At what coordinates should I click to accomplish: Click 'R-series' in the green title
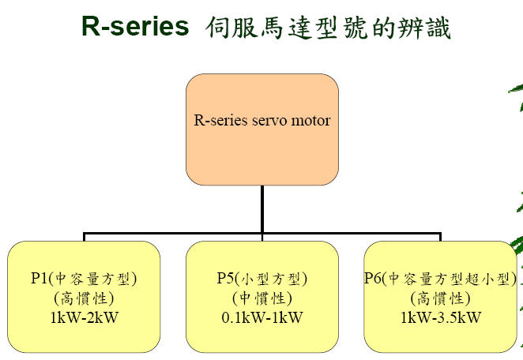135,26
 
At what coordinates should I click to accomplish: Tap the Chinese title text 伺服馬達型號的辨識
329,28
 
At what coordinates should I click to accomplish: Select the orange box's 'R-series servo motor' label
262,120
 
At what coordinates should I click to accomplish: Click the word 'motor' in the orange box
310,121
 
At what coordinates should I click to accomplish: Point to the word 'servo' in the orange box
269,121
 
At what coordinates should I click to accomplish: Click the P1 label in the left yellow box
40,278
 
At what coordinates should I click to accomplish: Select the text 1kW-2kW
85,317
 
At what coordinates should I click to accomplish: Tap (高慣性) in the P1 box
84,298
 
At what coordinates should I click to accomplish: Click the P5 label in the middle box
225,278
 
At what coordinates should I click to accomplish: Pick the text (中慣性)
262,298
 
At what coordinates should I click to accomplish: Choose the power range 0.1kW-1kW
262,317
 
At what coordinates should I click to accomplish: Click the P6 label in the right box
373,278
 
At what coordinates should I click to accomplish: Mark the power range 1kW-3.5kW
441,317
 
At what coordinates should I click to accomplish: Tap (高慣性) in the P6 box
441,298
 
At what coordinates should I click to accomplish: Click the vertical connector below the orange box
262,209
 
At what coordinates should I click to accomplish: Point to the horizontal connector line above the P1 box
172,234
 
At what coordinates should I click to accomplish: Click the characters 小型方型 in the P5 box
270,279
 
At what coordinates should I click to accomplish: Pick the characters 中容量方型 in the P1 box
92,279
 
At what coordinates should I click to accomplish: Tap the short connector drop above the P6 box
441,237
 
